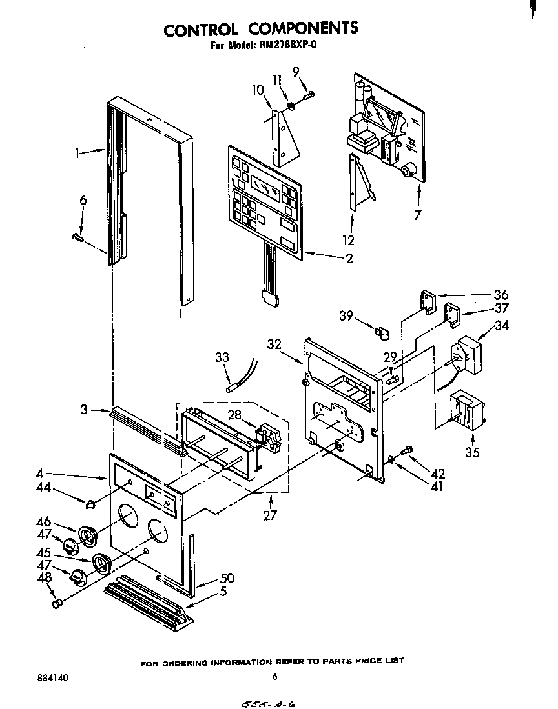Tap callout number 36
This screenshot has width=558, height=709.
[x=501, y=295]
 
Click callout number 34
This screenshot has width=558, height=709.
[x=501, y=325]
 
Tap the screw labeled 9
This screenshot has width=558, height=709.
[x=308, y=95]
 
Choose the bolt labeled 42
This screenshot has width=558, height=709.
[x=407, y=450]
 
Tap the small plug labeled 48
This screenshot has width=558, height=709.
[x=56, y=603]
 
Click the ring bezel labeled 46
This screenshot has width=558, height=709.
[x=87, y=535]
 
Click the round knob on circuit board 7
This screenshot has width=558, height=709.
[x=408, y=171]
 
